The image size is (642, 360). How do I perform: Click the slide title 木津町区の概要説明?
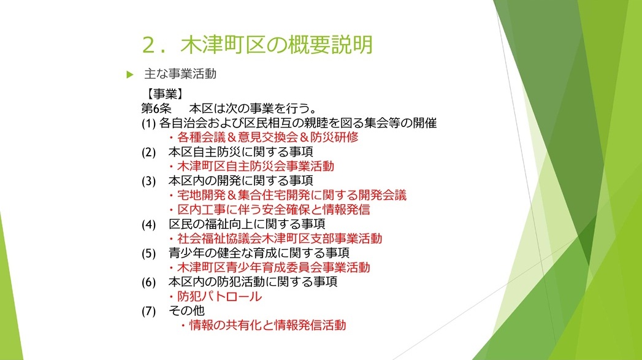point(277,45)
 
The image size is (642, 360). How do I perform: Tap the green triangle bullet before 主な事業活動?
point(130,75)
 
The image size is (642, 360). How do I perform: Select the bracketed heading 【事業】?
point(165,94)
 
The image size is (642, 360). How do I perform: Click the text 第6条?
point(156,109)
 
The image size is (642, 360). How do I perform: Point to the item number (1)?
point(148,123)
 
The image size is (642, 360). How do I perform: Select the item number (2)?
point(148,152)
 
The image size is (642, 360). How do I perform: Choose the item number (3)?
point(148,181)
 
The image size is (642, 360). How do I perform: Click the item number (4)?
point(148,224)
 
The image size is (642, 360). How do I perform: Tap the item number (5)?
point(148,253)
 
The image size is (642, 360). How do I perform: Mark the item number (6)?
point(148,282)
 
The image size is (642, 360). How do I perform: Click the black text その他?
point(186,311)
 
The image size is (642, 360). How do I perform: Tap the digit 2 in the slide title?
point(150,45)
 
